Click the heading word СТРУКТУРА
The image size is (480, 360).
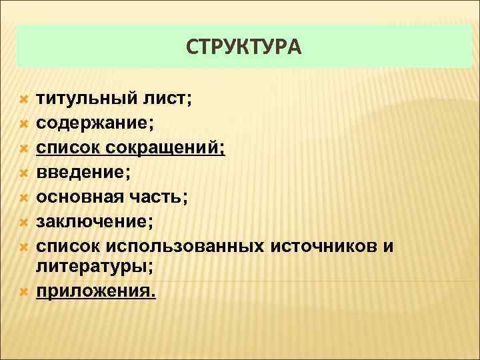point(243,47)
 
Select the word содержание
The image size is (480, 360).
point(94,123)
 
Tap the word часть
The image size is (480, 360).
point(158,197)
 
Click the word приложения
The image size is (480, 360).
point(95,291)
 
